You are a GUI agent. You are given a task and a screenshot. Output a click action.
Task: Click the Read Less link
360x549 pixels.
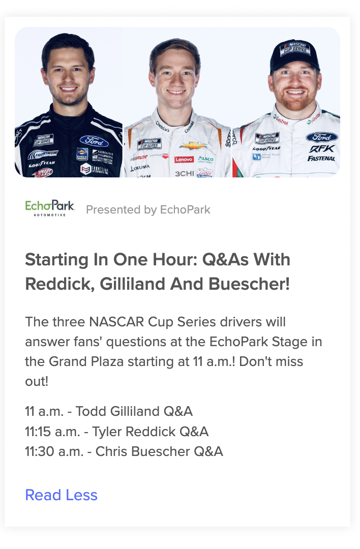pos(62,495)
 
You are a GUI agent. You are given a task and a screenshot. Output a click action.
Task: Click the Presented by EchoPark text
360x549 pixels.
pos(148,209)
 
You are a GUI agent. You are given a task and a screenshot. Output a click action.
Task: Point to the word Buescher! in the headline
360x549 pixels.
pos(249,284)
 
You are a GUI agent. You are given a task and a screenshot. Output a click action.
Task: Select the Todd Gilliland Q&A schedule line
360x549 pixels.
pos(109,411)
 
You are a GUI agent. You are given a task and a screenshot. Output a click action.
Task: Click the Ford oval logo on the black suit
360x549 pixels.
pos(94,141)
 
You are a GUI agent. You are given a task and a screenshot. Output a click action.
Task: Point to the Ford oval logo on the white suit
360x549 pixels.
pos(321,137)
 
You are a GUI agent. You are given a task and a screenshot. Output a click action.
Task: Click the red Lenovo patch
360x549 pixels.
pos(184,159)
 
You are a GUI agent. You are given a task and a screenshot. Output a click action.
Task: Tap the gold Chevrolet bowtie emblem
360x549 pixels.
pos(193,145)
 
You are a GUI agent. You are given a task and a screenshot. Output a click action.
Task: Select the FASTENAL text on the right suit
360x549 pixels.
pos(321,159)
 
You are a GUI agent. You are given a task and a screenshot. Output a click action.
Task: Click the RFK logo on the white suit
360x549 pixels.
pos(321,149)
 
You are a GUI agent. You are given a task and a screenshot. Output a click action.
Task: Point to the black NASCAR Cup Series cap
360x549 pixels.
pos(295,56)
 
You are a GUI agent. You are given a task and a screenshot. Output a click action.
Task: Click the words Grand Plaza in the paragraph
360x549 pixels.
pos(86,362)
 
